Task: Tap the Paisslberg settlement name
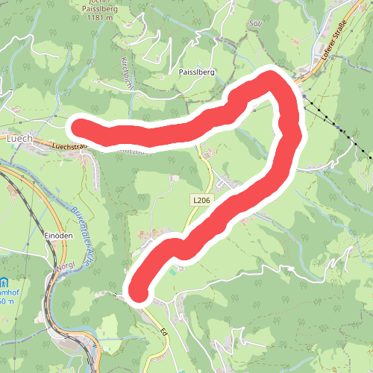coord(197,73)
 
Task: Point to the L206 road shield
coord(201,200)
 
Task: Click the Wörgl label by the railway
coord(65,267)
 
